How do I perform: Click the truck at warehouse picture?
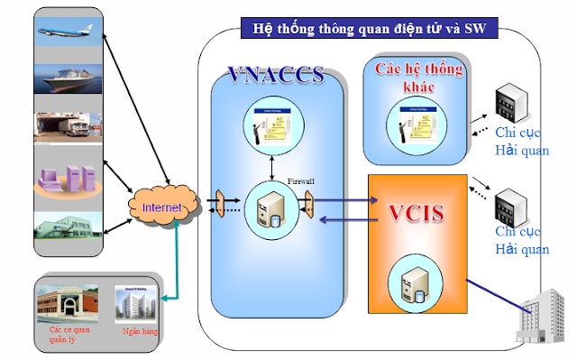coord(70,131)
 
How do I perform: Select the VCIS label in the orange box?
coord(418,215)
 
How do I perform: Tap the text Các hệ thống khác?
coord(420,78)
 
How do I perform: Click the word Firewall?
coord(300,181)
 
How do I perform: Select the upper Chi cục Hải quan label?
coord(522,142)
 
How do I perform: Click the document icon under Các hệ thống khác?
coord(417,122)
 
